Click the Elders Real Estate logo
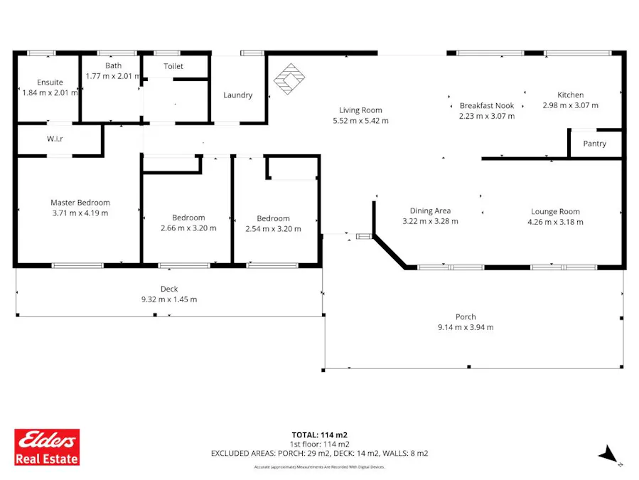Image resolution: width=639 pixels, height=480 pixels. click(48, 447)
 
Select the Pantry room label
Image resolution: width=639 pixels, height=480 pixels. click(594, 144)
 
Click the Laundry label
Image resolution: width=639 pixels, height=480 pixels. click(237, 95)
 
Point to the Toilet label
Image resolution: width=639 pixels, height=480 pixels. click(173, 66)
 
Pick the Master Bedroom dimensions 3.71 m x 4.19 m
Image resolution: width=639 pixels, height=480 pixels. click(80, 213)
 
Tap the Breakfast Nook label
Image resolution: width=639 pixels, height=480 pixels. click(486, 105)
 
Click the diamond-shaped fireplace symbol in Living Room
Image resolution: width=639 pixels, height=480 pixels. click(289, 79)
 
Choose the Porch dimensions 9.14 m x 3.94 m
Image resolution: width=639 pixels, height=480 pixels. click(466, 327)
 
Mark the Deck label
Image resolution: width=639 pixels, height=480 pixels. click(168, 289)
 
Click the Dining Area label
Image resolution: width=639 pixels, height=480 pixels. click(430, 210)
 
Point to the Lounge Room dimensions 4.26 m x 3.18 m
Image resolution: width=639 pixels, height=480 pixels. click(555, 222)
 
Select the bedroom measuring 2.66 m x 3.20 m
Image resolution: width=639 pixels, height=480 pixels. click(188, 223)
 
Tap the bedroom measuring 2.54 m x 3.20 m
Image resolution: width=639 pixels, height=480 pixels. click(273, 224)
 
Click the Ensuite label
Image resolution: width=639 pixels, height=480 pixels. click(50, 82)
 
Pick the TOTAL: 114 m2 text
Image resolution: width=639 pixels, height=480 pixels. click(319, 434)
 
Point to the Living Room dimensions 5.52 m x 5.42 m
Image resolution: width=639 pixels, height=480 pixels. click(360, 121)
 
